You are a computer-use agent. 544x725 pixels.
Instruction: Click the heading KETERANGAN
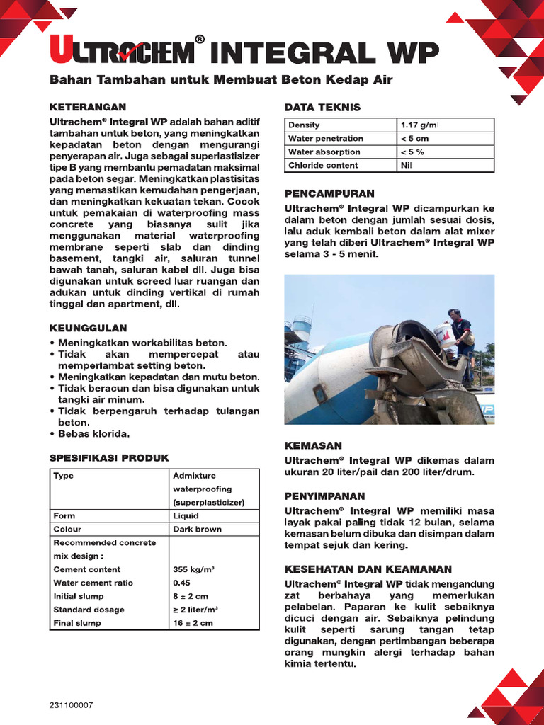pyautogui.click(x=87, y=107)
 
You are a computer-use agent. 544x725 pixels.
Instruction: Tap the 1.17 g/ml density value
pyautogui.click(x=419, y=125)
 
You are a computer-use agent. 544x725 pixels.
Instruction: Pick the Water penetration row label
pyautogui.click(x=325, y=139)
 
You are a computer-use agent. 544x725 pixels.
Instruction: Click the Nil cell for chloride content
pyautogui.click(x=407, y=166)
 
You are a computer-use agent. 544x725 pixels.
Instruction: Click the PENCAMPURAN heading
pyautogui.click(x=329, y=193)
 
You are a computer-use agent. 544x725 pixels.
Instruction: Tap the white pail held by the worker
pyautogui.click(x=444, y=332)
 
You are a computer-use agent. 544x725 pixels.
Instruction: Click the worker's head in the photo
pyautogui.click(x=454, y=314)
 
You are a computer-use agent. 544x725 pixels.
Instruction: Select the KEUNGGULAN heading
pyautogui.click(x=88, y=329)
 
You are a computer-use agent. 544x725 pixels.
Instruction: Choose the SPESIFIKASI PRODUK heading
pyautogui.click(x=109, y=458)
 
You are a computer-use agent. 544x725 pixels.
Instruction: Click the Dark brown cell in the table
pyautogui.click(x=197, y=530)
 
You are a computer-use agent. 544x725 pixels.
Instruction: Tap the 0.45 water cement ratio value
pyautogui.click(x=182, y=583)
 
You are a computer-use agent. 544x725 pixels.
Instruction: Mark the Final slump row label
pyautogui.click(x=77, y=623)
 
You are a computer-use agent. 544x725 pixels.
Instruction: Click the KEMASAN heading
pyautogui.click(x=313, y=445)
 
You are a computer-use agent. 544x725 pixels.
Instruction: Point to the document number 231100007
pyautogui.click(x=71, y=706)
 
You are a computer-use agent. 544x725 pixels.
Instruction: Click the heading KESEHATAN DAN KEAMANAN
pyautogui.click(x=368, y=569)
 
